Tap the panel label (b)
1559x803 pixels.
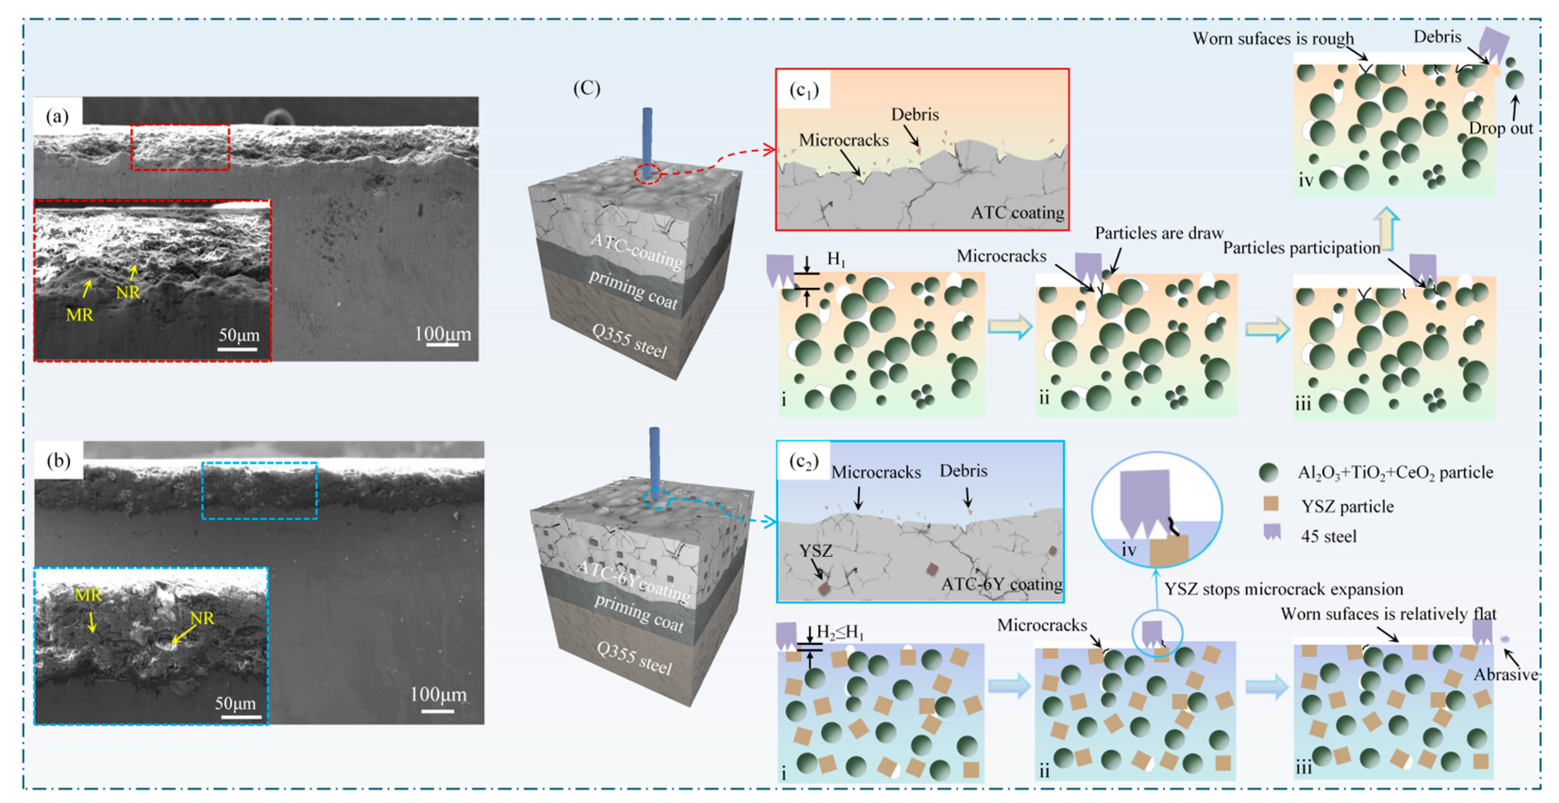(58, 460)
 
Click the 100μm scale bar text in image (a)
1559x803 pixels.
(443, 334)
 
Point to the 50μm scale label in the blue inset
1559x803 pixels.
(235, 703)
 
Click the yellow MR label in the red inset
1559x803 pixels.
(79, 315)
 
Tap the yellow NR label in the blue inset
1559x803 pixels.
(202, 618)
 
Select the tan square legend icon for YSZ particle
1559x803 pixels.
(1270, 503)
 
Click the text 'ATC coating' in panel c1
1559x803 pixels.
(1017, 213)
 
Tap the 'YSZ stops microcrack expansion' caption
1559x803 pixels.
(1283, 589)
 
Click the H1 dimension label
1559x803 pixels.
(836, 259)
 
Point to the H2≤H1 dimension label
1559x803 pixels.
(840, 632)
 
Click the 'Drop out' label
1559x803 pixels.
(1500, 128)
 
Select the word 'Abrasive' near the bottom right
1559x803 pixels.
(1505, 674)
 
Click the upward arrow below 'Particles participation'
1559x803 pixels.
(1386, 228)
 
